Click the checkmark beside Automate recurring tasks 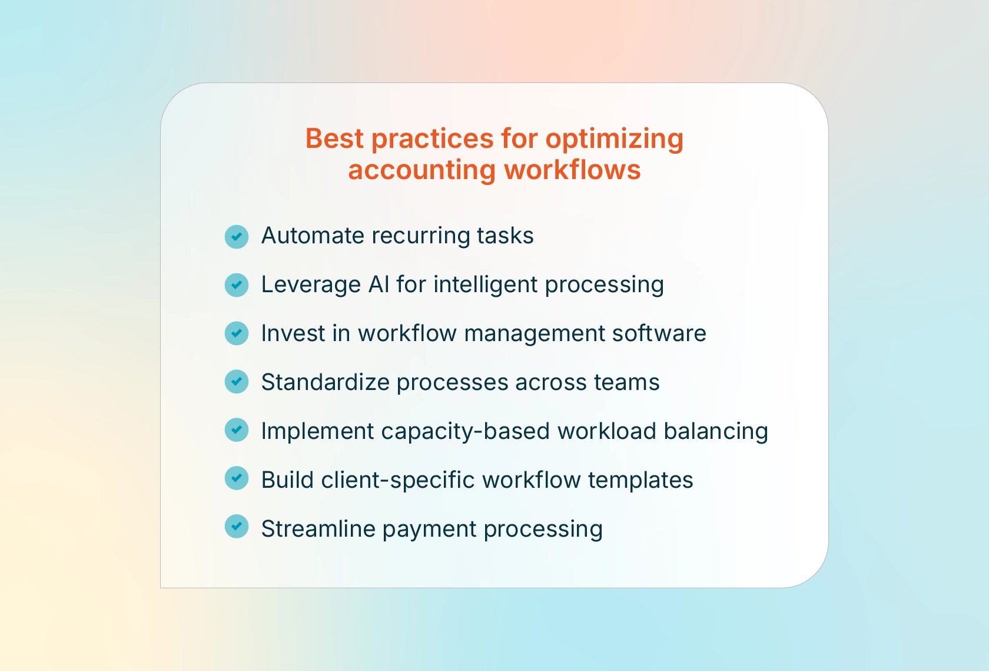(x=237, y=237)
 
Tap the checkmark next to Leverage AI (x=237, y=285)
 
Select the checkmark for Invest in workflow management (x=237, y=333)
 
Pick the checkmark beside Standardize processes (x=237, y=382)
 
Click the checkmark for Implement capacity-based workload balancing (x=237, y=430)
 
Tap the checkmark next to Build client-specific (x=237, y=478)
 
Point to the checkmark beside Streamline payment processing (x=237, y=527)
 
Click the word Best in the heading (x=334, y=139)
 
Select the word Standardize (x=325, y=382)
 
